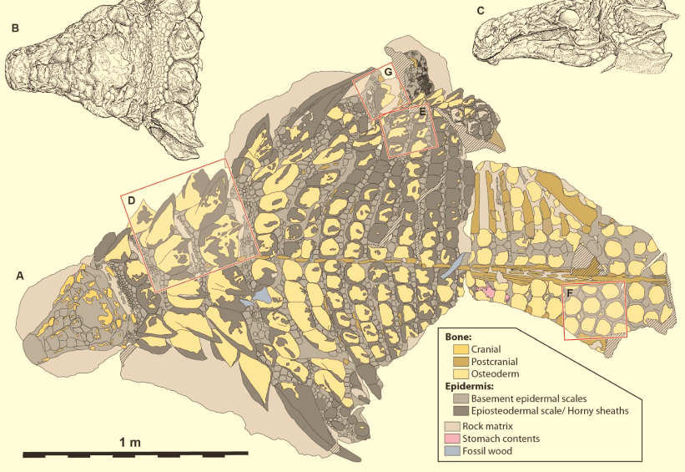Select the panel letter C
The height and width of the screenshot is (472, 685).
point(480,11)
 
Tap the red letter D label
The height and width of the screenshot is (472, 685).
point(133,200)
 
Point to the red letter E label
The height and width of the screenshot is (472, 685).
point(422,110)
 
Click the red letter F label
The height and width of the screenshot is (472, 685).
point(569,293)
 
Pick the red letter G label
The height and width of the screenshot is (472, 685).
point(387,73)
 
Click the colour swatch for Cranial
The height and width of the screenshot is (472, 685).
point(460,349)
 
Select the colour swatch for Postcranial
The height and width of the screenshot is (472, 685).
point(460,361)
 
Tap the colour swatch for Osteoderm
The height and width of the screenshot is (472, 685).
point(460,373)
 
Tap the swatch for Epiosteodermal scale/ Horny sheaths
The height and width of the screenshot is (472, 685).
point(460,410)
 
